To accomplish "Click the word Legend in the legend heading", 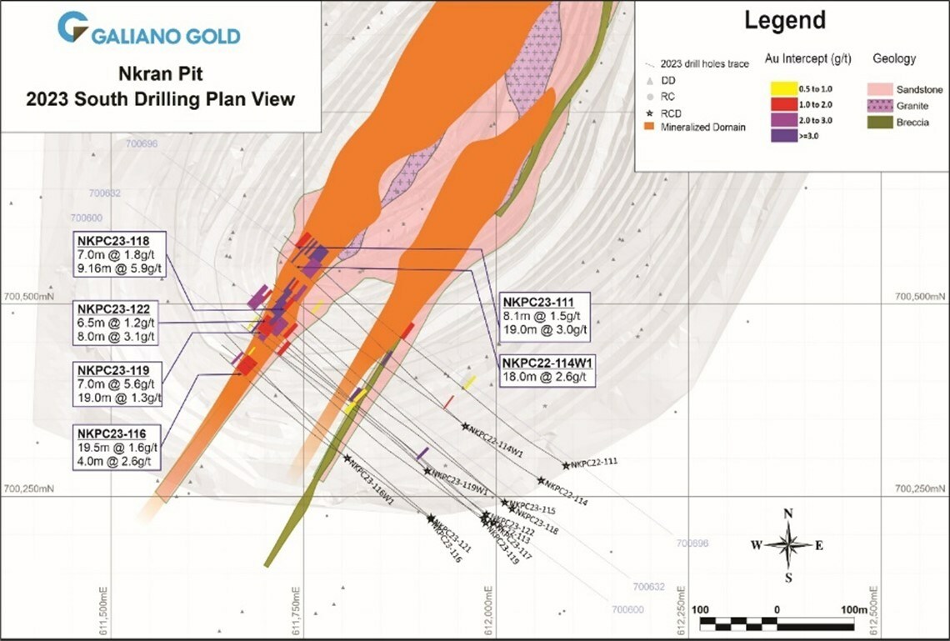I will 784,21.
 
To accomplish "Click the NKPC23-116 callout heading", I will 112,433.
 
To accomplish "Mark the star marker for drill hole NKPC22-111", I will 566,465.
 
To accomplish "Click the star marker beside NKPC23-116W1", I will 347,458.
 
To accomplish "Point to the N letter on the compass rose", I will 787,513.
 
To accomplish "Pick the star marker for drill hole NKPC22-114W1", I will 465,427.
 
